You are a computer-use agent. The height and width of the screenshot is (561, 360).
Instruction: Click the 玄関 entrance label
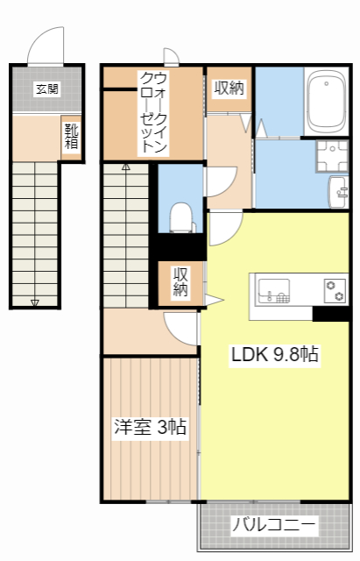coord(46,88)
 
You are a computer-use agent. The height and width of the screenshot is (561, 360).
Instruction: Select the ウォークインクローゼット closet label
coord(153,113)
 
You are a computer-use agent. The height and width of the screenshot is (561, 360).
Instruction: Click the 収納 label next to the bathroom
coord(229,88)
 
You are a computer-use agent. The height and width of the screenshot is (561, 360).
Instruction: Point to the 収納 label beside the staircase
coord(181,282)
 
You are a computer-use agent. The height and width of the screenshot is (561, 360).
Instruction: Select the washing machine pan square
coord(333,156)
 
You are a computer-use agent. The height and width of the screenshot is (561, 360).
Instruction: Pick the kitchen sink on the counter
coord(274,289)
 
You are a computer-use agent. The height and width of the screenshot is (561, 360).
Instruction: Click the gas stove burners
coord(334,288)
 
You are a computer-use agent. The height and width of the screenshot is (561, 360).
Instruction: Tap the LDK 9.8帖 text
coord(274,354)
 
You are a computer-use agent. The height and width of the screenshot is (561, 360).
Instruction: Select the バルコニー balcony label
coord(274,526)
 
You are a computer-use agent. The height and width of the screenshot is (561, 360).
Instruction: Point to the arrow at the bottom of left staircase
coord(35,302)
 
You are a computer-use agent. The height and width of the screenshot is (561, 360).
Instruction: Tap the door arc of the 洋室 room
coord(180,330)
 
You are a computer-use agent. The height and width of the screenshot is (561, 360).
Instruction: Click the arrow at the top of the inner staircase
coord(125,166)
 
